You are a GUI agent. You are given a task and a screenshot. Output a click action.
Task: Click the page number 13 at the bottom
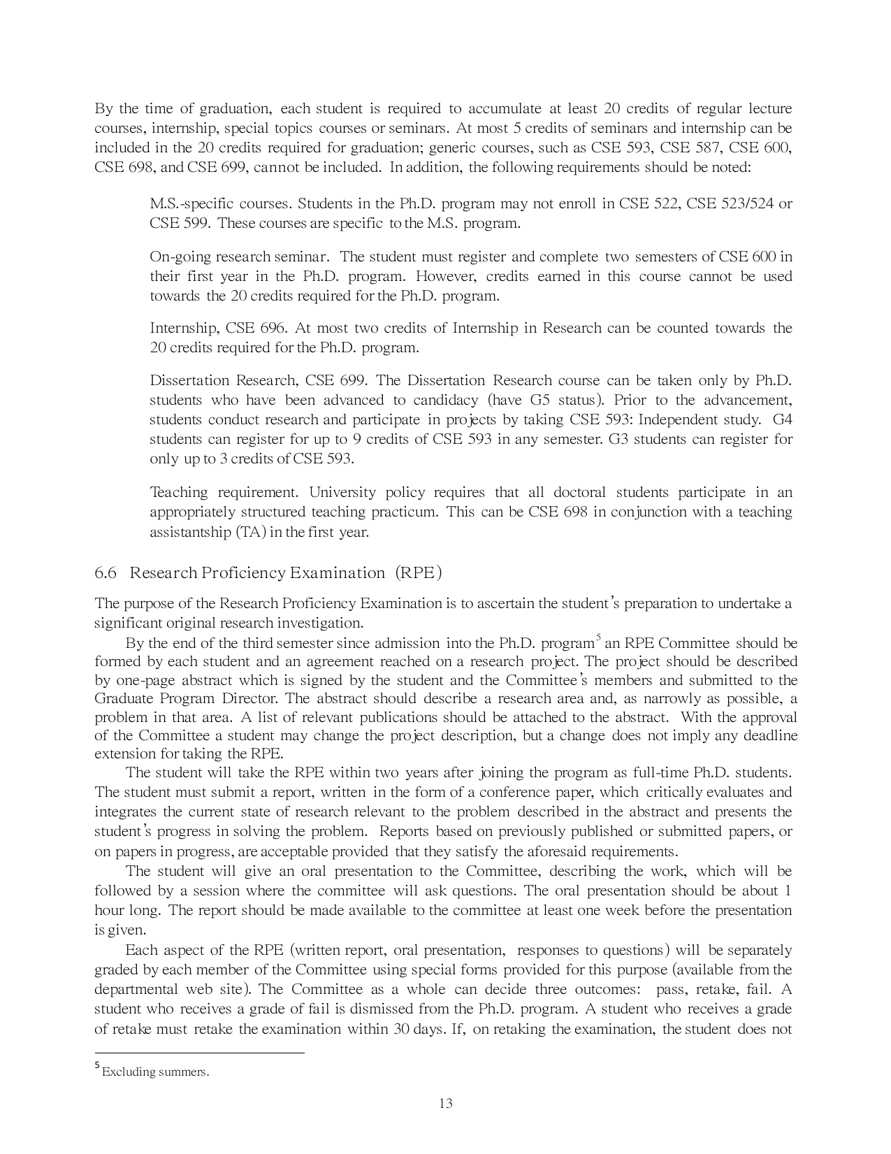coord(446,1104)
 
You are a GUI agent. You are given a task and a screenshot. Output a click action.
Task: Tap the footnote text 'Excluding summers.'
coord(155,1072)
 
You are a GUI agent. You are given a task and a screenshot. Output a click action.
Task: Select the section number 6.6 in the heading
coord(105,573)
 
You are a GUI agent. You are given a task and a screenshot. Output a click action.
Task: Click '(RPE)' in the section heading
coord(419,573)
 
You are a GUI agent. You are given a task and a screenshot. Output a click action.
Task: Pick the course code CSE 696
coord(258,329)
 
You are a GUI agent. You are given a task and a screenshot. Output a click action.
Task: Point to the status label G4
coord(783,420)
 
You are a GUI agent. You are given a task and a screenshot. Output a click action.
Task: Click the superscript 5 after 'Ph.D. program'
coord(598,638)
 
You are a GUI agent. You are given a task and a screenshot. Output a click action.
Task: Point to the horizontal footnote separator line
coord(199,1053)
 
